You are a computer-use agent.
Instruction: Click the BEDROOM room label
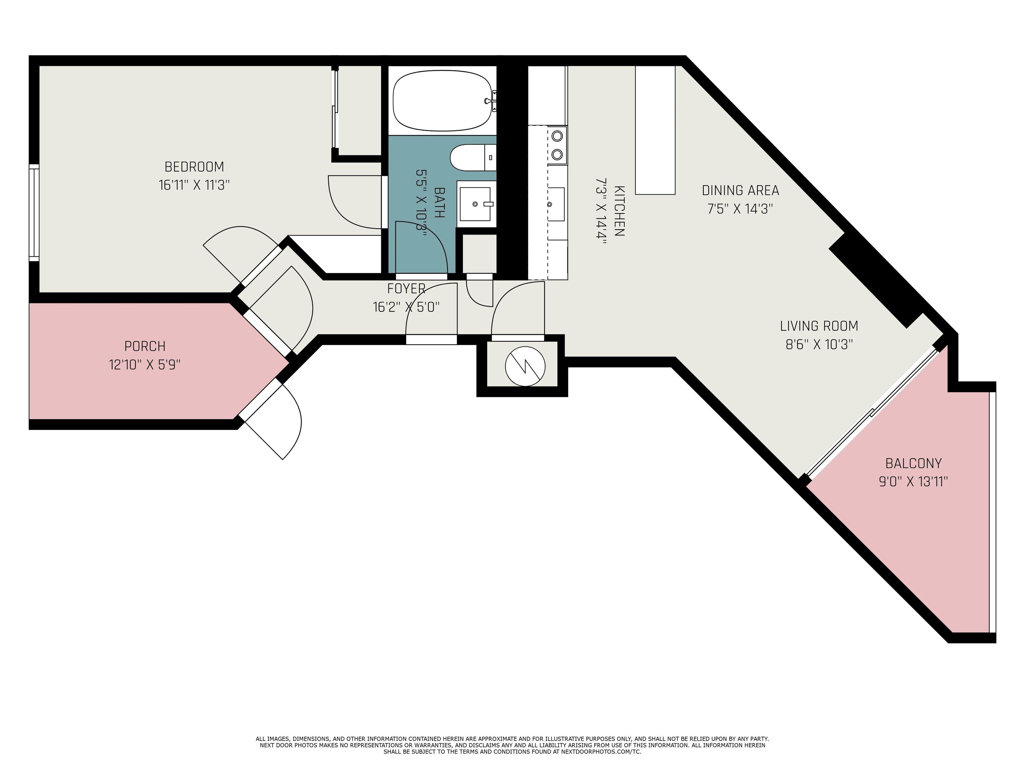[194, 167]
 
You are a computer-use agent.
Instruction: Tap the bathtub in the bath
[442, 100]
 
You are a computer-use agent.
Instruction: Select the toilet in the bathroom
[473, 158]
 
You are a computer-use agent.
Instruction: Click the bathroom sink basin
[475, 204]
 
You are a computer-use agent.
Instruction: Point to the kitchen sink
[556, 204]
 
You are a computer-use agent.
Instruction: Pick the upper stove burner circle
[558, 136]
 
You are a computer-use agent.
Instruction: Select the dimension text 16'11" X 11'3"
[194, 185]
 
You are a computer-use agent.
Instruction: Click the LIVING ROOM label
[819, 326]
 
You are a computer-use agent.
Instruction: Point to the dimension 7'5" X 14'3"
[740, 209]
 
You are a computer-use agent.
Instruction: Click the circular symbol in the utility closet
[525, 366]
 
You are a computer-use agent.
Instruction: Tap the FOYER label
[406, 288]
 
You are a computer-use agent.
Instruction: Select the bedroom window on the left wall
[34, 213]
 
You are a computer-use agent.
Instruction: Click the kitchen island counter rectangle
[655, 130]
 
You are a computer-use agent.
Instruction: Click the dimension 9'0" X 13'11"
[913, 482]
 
